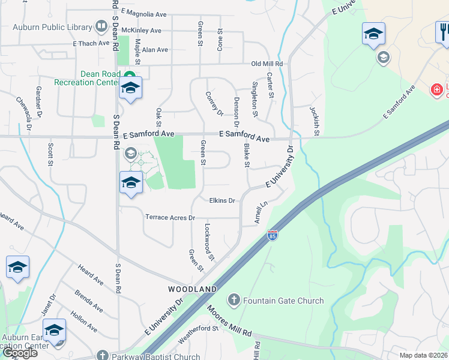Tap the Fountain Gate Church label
(283, 301)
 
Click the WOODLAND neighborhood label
(192, 289)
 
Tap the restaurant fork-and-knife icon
(443, 32)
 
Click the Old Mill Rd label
(267, 64)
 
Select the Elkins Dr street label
(222, 200)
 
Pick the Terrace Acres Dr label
(170, 217)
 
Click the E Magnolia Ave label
(143, 13)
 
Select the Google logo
(20, 353)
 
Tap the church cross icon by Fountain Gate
(233, 299)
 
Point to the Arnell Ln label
(259, 212)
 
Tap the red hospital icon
(436, 90)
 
